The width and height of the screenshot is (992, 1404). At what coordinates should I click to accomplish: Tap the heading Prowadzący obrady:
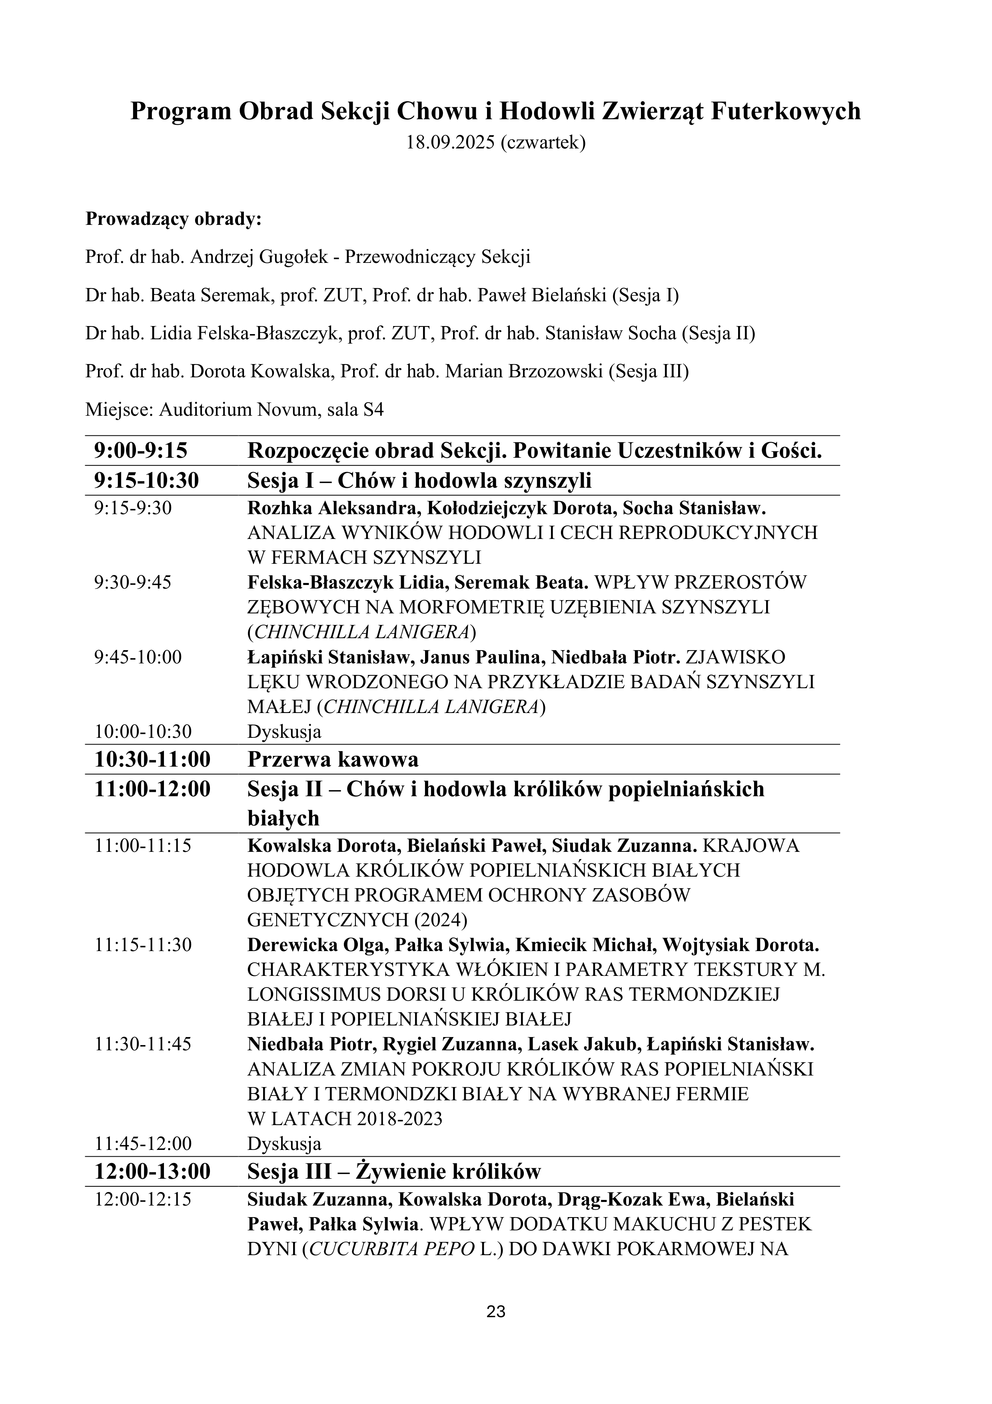tap(173, 219)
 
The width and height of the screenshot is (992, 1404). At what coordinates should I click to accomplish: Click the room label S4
tap(373, 409)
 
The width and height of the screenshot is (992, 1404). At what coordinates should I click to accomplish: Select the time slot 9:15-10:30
tap(147, 481)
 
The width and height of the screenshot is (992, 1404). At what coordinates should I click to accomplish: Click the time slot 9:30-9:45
tap(133, 582)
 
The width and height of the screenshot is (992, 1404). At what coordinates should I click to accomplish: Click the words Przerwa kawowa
tap(333, 759)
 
